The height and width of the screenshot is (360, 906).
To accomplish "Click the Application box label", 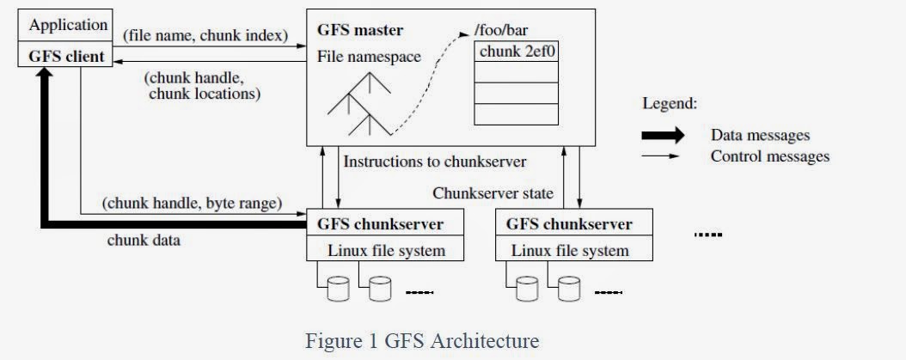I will [69, 25].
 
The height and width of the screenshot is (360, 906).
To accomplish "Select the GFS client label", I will [68, 58].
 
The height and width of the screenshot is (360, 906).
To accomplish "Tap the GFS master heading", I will [360, 31].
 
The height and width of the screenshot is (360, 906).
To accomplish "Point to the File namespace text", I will [369, 58].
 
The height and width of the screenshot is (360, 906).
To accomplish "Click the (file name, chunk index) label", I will [205, 37].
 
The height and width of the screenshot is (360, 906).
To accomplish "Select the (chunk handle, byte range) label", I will [192, 204].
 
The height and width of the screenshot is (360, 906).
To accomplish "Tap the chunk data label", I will [144, 241].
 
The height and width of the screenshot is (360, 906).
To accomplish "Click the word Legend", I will [670, 103].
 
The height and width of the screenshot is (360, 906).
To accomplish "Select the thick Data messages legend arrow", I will [663, 135].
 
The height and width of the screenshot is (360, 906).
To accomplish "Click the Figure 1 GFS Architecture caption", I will [422, 341].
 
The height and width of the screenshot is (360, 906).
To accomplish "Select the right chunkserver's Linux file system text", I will [570, 251].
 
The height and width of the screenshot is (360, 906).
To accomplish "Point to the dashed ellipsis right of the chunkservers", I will [708, 234].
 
